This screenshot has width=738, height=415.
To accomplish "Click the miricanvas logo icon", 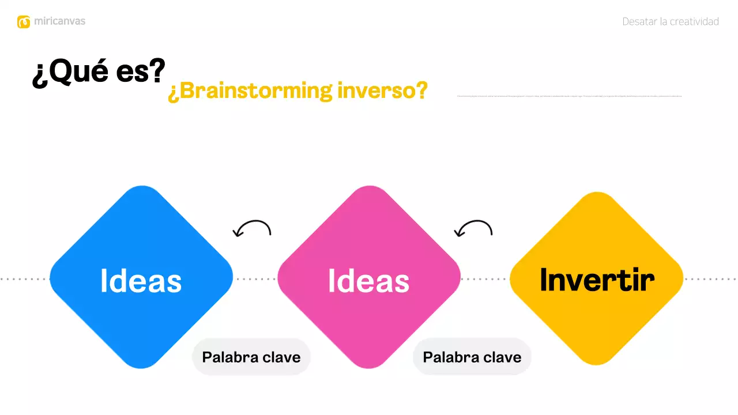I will [x=24, y=22].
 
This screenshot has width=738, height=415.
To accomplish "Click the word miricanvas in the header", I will [x=59, y=21].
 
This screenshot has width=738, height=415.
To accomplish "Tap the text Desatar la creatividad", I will [x=670, y=22].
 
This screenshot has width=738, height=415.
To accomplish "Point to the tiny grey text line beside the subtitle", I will [x=569, y=96].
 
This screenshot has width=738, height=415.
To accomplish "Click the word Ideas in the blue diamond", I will [x=141, y=281].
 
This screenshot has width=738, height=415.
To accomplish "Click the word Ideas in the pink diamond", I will [x=369, y=281].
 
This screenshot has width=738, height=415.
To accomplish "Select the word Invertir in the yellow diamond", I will [x=597, y=280].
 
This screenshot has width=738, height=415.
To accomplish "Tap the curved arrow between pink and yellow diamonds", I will [x=474, y=229].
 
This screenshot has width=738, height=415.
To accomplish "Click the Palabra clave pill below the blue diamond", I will [x=251, y=357].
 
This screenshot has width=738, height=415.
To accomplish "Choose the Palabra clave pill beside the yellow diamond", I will [x=472, y=357].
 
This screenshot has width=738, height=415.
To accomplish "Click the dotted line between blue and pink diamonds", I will [x=255, y=279].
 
